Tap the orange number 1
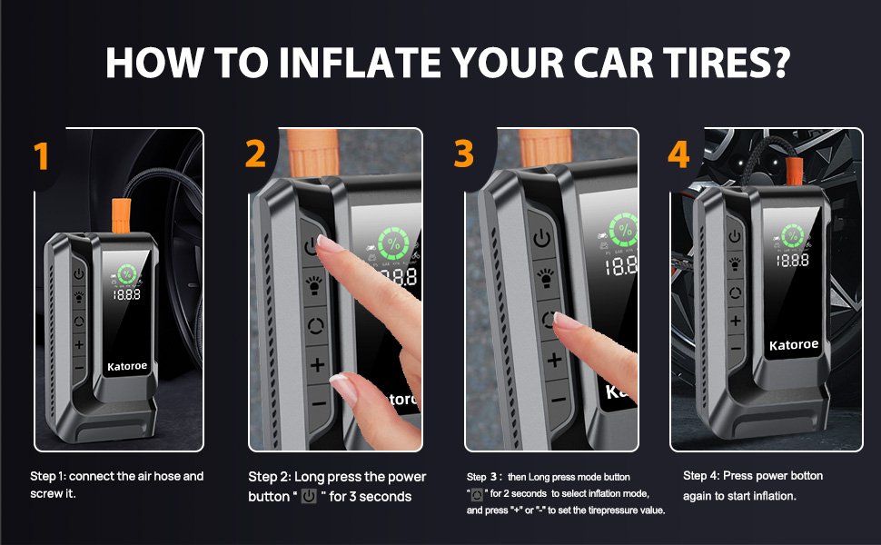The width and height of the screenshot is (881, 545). click(x=41, y=155)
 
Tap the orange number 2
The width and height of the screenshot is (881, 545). click(x=255, y=154)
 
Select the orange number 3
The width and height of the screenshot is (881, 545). click(x=463, y=154)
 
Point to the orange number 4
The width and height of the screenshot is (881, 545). click(x=678, y=154)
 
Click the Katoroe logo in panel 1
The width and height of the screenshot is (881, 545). click(x=127, y=366)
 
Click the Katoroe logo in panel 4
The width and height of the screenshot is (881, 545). click(x=793, y=344)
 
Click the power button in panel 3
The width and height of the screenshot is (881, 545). click(x=541, y=239)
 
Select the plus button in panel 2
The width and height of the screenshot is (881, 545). click(x=318, y=364)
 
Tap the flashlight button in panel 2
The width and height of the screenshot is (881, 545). click(x=313, y=284)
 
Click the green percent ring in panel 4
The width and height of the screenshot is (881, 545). click(x=792, y=235)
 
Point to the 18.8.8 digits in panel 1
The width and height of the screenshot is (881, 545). click(x=127, y=294)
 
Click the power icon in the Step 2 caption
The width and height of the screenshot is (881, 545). click(x=309, y=496)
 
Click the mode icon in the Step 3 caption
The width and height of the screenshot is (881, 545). click(x=477, y=494)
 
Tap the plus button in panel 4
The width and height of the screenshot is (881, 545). click(x=736, y=321)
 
